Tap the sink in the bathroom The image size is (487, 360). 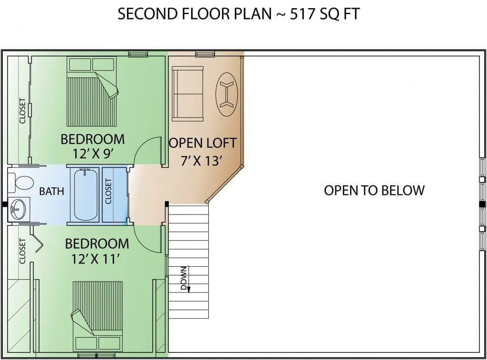[18, 209]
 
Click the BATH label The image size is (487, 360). [51, 191]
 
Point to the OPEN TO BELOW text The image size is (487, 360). [374, 190]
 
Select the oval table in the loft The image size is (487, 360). [227, 95]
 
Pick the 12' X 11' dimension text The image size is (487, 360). [96, 258]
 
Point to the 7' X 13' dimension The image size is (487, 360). [202, 161]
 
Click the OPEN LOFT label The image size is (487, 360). [203, 143]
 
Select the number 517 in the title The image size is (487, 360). [300, 14]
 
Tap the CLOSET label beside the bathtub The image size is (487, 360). [108, 191]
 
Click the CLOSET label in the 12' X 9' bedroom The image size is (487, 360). [22, 111]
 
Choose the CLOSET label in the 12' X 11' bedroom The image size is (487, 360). [22, 251]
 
